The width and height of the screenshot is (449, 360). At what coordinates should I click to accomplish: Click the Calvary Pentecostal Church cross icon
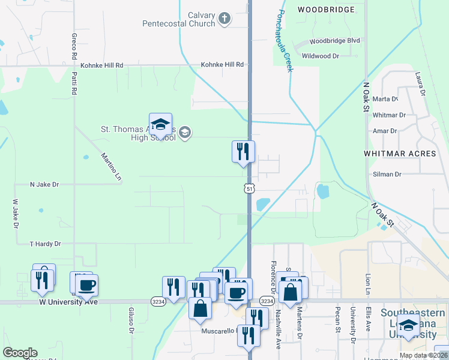point(224,19)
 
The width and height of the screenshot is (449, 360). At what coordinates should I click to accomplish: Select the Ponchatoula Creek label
point(285,41)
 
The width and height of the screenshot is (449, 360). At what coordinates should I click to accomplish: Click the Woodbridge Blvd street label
point(335,41)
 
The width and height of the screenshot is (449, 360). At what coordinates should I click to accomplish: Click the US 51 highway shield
point(249,188)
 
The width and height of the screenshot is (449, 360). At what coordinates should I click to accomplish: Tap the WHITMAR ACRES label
point(400,154)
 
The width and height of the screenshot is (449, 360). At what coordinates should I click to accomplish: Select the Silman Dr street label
point(386,174)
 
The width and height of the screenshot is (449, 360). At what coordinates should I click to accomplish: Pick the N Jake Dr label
point(44,185)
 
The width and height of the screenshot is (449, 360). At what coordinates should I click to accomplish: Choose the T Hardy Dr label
point(46,244)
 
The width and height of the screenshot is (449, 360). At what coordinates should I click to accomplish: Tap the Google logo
point(20,353)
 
